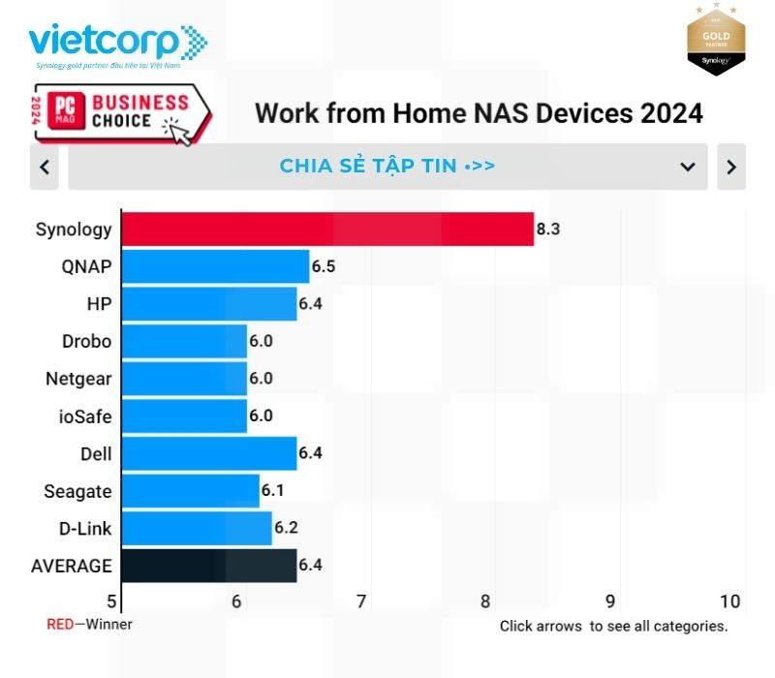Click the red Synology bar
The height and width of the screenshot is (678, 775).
[327, 229]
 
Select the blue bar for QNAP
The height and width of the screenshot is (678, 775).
[215, 266]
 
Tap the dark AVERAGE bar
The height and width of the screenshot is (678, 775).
[208, 566]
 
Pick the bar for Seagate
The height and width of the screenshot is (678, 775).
[190, 491]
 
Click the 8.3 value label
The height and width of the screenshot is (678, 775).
[548, 230]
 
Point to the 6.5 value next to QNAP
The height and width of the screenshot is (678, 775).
[324, 266]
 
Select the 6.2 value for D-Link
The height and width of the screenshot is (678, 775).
[286, 529]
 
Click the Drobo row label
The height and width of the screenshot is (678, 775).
[85, 341]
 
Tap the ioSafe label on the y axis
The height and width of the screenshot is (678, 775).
[84, 416]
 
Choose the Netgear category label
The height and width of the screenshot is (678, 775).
[78, 379]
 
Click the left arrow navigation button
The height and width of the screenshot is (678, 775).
[45, 167]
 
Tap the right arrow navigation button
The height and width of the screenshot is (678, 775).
[731, 167]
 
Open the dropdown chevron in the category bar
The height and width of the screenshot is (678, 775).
[688, 167]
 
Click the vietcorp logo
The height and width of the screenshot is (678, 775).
[116, 44]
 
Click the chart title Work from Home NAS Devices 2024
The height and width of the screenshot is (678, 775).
[479, 113]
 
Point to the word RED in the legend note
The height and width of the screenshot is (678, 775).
[60, 625]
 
